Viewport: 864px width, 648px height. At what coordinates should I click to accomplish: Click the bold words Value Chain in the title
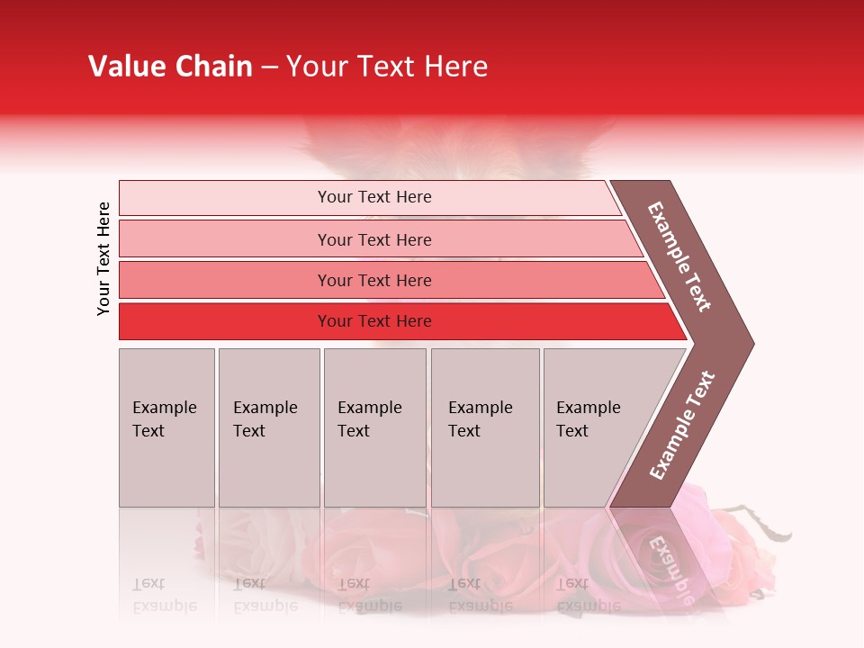point(170,67)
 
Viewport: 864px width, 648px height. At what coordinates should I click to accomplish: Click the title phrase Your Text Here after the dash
point(387,67)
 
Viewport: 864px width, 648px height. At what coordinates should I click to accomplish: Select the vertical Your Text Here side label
point(104,258)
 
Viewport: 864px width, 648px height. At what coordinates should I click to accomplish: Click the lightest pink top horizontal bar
point(225,198)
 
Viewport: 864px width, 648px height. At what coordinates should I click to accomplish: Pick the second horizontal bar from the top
point(225,239)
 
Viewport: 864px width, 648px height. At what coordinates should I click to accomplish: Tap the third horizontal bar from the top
point(225,280)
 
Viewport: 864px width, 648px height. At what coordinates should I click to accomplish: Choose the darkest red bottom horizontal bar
point(225,321)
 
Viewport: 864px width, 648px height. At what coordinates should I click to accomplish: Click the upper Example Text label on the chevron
point(680,256)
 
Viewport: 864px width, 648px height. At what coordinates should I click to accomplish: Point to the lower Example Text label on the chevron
point(682,425)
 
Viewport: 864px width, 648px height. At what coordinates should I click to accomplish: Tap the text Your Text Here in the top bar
point(374,197)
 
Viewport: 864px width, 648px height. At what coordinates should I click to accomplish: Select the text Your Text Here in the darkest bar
point(374,321)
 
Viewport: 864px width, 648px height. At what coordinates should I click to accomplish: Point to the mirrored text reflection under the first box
point(165,594)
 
